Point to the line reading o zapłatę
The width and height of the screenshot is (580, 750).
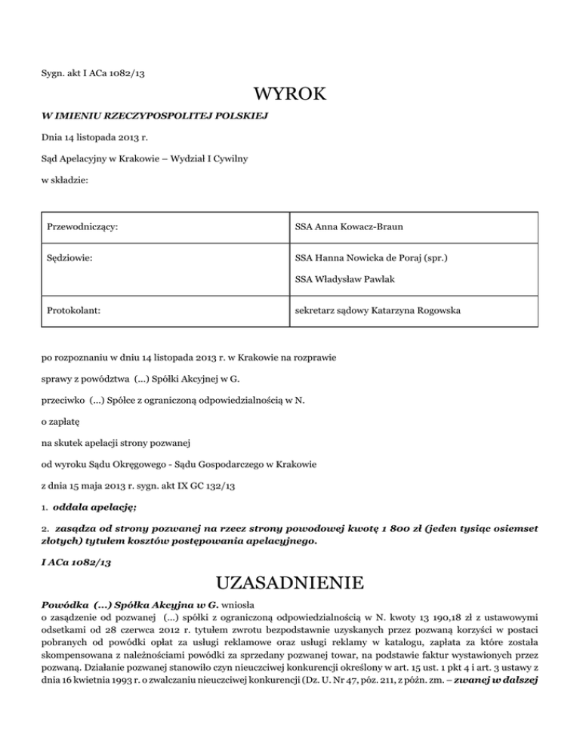[60, 424]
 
